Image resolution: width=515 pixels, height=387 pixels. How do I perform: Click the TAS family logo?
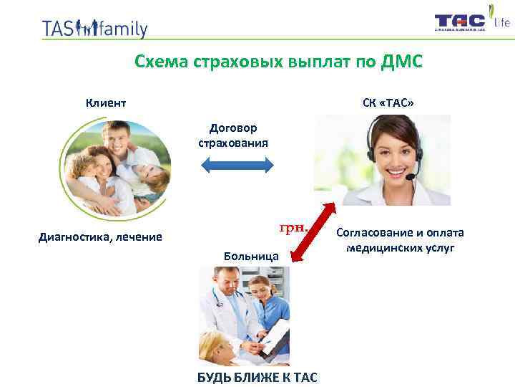coord(94,28)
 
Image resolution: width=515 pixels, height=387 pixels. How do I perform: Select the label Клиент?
coord(106,102)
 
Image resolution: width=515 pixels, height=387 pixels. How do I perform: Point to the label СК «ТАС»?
coord(388,102)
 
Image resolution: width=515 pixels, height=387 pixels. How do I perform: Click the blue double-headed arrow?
coord(236,166)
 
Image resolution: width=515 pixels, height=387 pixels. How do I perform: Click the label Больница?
coord(247,255)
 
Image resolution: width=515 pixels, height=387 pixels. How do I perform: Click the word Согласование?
coord(373,233)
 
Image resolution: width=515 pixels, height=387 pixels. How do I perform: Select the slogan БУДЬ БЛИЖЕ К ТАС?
coord(257,377)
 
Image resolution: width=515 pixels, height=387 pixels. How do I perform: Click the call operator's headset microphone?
coord(410,176)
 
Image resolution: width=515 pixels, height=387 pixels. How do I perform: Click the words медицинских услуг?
coord(400,248)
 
